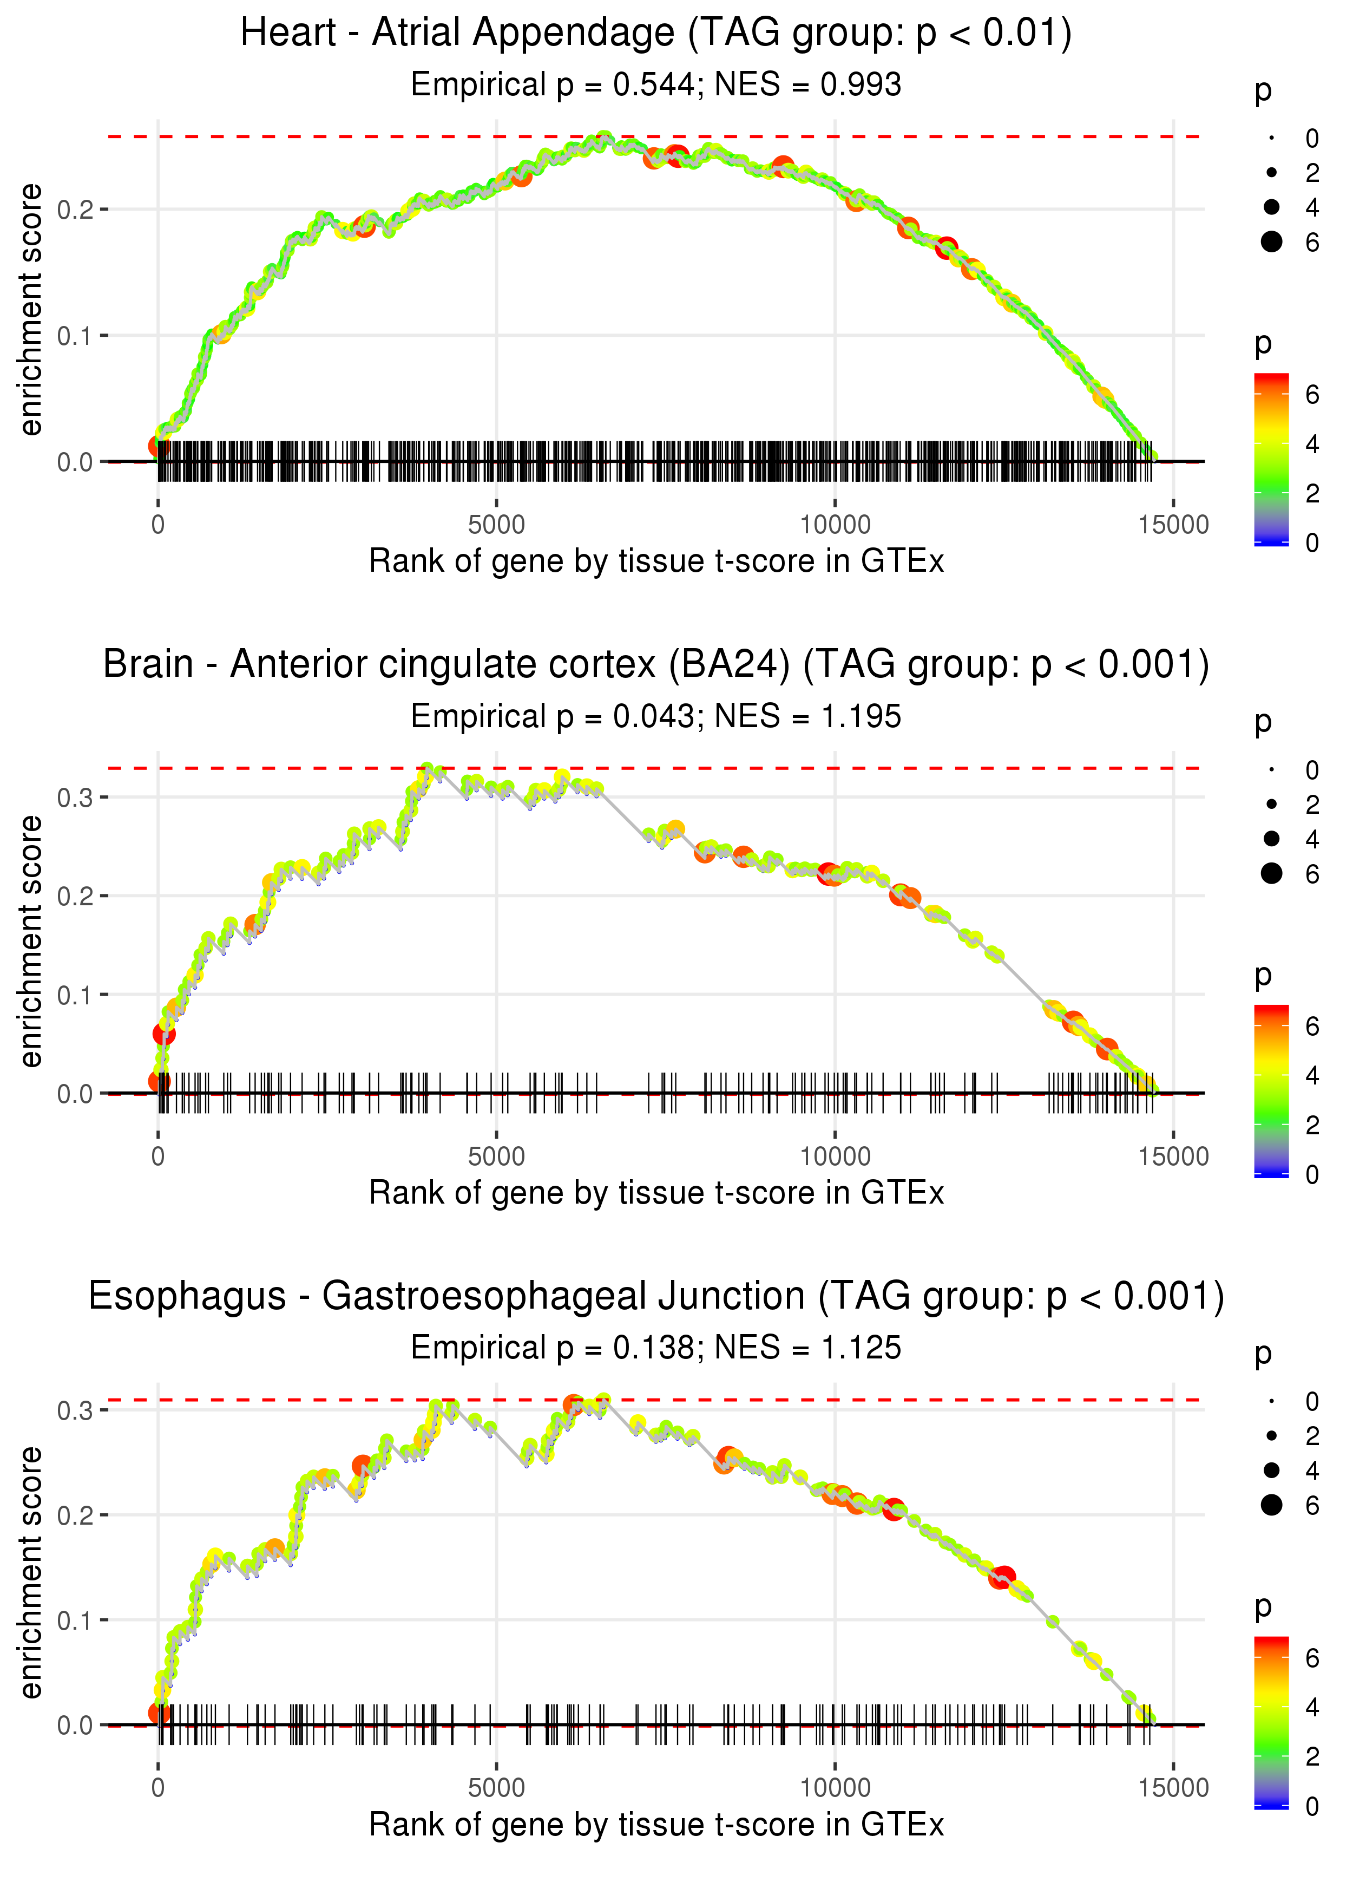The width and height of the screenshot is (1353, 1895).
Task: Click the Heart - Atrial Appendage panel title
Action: [656, 34]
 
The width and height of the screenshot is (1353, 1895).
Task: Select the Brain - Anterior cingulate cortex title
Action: [656, 665]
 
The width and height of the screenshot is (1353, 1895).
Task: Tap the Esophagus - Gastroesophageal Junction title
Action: [656, 1297]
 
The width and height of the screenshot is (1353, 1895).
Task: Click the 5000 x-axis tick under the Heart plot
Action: [496, 525]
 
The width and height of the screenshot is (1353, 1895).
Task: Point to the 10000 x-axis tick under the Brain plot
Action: [835, 1156]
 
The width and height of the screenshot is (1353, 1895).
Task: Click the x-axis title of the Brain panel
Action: [656, 1193]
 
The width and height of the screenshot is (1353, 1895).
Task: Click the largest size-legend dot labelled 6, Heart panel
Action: [1271, 241]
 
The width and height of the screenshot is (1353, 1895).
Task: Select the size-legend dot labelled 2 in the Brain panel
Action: [1271, 804]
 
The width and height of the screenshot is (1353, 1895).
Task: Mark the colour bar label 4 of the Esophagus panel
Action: [1312, 1708]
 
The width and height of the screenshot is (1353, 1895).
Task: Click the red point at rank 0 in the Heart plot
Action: [158, 446]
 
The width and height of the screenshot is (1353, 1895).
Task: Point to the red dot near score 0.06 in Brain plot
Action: [164, 1034]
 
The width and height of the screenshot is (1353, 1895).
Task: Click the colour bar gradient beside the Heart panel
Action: [1271, 459]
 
